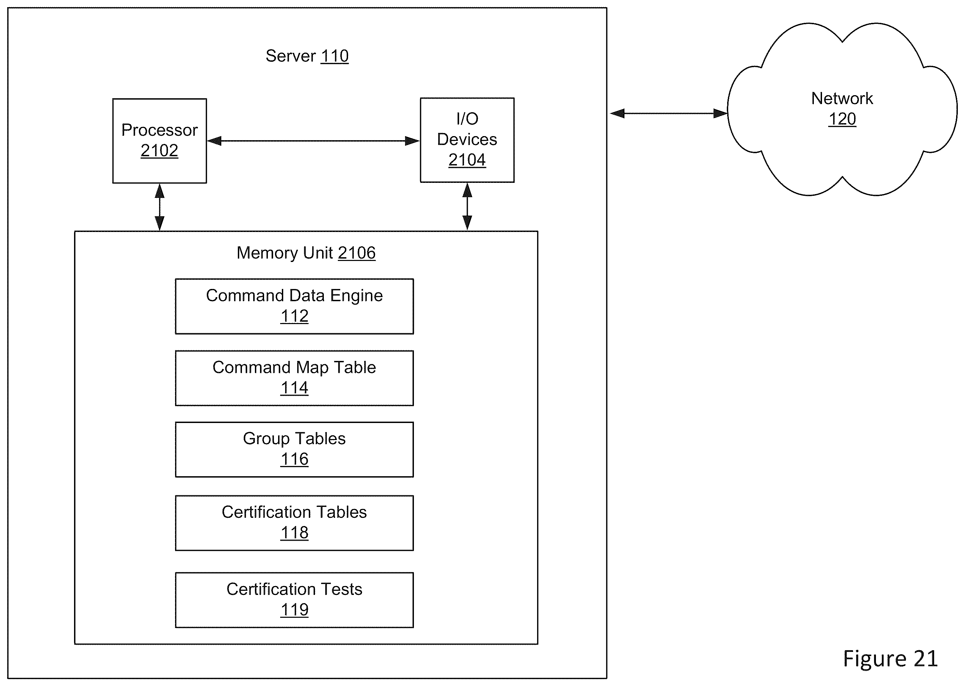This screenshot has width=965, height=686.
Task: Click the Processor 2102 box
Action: click(159, 141)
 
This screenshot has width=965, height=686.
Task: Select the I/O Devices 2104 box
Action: click(467, 140)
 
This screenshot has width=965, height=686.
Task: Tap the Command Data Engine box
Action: click(294, 306)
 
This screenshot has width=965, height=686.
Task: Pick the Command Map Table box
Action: click(294, 378)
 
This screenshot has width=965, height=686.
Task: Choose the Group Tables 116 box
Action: click(294, 450)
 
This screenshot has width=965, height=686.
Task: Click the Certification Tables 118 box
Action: click(294, 523)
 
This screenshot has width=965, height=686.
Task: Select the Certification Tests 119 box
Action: click(294, 600)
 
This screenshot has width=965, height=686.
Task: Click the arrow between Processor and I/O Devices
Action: click(313, 141)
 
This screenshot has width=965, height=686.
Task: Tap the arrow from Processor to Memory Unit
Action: click(159, 207)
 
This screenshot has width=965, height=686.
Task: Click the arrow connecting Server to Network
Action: click(668, 113)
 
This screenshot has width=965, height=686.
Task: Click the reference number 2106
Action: click(357, 253)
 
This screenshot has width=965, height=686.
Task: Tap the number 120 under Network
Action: click(842, 119)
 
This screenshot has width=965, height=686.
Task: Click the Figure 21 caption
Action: click(890, 658)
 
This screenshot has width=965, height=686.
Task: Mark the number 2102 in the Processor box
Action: click(159, 151)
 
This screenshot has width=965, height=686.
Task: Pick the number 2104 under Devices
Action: click(467, 160)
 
